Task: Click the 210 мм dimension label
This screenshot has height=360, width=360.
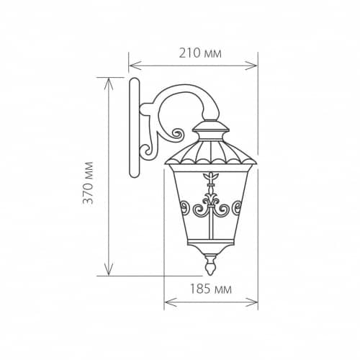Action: (x=200, y=53)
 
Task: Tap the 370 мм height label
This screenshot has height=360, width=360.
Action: (x=88, y=183)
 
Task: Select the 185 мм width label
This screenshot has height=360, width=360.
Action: (x=211, y=289)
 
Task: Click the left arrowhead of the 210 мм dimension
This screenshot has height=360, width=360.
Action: (x=135, y=66)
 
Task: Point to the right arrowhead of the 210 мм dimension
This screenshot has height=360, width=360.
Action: (x=251, y=66)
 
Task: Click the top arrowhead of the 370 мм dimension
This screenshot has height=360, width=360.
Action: (x=109, y=84)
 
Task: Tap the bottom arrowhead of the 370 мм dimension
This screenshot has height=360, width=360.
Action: (x=109, y=269)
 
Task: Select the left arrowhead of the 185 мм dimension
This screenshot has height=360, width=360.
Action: (x=171, y=302)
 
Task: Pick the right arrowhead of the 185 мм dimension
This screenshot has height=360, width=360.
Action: (x=251, y=302)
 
